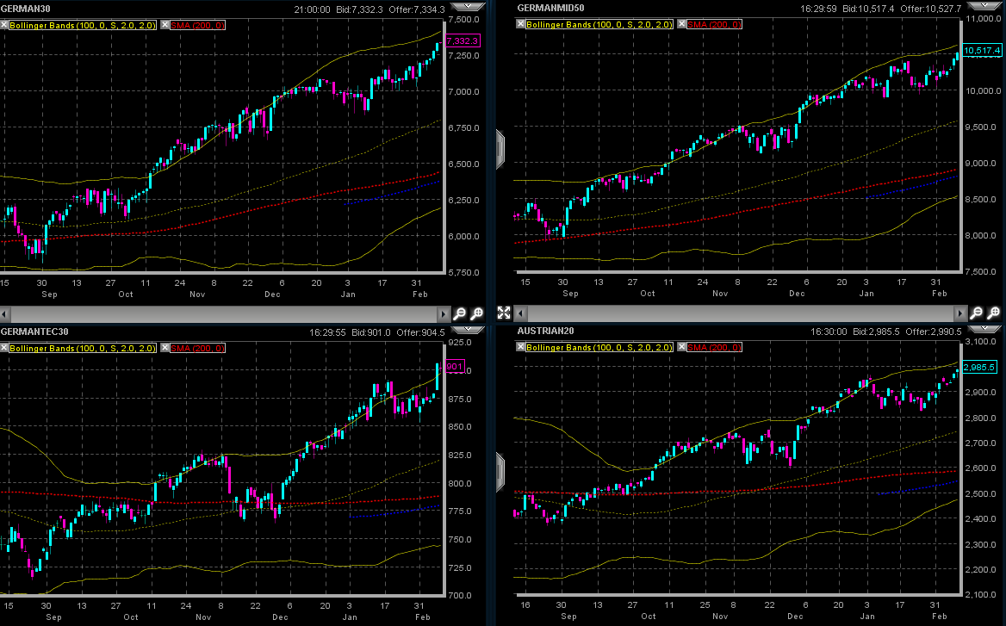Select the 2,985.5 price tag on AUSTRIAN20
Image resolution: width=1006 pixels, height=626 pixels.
pyautogui.click(x=979, y=367)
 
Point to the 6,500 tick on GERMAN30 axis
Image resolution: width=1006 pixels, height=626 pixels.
pyautogui.click(x=466, y=164)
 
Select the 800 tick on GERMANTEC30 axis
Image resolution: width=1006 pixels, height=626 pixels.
pyautogui.click(x=460, y=483)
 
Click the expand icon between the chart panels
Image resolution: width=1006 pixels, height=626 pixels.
pyautogui.click(x=505, y=313)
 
